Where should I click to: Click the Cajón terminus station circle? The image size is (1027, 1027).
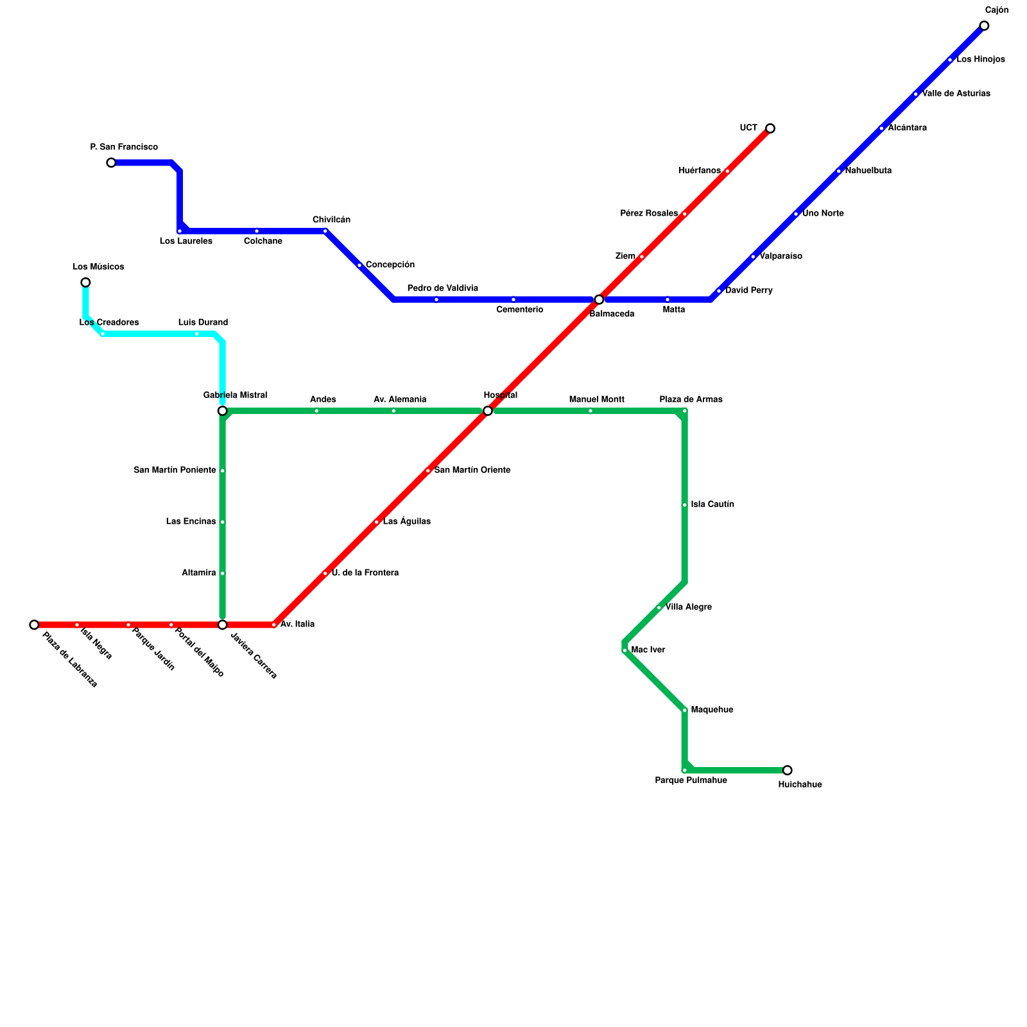[x=984, y=26]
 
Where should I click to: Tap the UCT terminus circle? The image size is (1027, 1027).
[x=770, y=128]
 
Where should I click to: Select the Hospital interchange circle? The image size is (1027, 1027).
[x=488, y=411]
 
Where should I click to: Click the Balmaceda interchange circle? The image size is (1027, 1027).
[x=599, y=300]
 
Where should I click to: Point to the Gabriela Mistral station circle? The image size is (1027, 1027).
[x=222, y=411]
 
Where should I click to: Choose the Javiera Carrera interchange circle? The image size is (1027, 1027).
[x=222, y=625]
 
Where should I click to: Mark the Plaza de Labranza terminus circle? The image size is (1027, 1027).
[x=34, y=625]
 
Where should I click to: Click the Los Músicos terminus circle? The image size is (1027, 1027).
[x=85, y=282]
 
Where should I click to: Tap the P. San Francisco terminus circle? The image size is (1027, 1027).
[x=111, y=162]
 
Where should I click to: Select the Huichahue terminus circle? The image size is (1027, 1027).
[x=788, y=770]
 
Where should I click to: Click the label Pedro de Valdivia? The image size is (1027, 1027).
[x=442, y=288]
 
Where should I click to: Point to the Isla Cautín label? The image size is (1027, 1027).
[x=712, y=505]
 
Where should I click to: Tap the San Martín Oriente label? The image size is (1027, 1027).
[x=472, y=470]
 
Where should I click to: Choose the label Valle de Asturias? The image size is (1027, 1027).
[x=956, y=94]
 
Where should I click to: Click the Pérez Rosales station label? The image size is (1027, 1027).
[x=649, y=214]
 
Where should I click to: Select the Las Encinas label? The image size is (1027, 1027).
[x=191, y=522]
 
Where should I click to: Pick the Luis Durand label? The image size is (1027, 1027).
[x=203, y=322]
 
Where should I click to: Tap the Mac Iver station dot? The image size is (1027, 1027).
[x=625, y=650]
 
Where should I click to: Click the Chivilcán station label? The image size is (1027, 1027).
[x=331, y=220]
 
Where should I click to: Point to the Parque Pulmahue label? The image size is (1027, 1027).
[x=691, y=781]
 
